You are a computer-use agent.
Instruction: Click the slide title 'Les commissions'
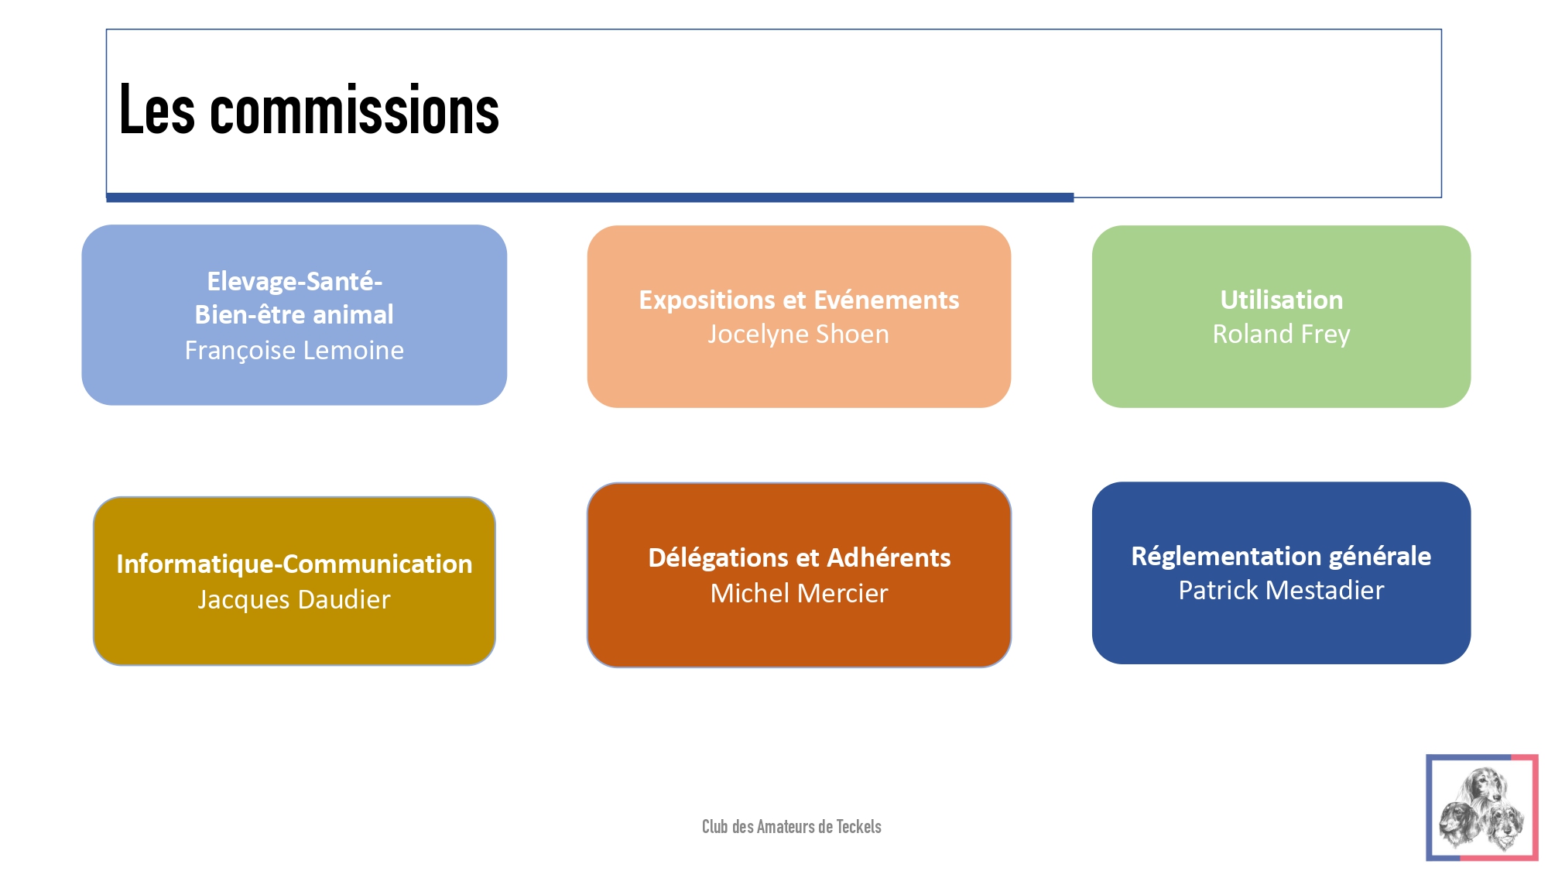click(309, 110)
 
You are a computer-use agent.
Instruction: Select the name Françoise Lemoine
click(294, 351)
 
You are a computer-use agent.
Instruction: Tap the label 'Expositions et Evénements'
click(799, 300)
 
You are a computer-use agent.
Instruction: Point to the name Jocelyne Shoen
click(799, 334)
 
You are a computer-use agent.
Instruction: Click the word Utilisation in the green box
click(1282, 300)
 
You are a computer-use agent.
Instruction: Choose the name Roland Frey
click(1281, 334)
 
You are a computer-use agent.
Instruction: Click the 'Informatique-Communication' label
click(294, 564)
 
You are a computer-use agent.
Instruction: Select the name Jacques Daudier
click(294, 599)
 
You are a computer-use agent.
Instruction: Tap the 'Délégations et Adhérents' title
click(800, 558)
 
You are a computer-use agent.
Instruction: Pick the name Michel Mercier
click(800, 593)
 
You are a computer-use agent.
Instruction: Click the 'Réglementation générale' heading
click(1281, 557)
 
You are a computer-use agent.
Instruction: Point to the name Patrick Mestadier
click(1281, 591)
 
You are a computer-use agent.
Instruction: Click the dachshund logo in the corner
click(1482, 808)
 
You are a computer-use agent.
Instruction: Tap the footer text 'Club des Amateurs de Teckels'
click(792, 827)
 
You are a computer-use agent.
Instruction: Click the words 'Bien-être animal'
click(294, 315)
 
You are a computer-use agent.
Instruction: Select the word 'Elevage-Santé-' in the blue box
click(295, 281)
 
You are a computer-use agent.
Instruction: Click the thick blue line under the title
click(590, 197)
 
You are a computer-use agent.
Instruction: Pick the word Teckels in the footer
click(858, 827)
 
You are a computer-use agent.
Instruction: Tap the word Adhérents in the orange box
click(889, 558)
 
